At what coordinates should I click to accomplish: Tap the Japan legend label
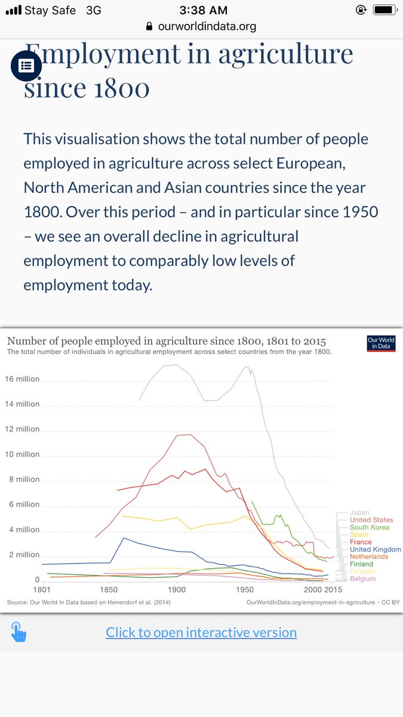coord(359,513)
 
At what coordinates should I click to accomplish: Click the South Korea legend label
coord(369,528)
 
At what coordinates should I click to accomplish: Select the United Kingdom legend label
coord(375,549)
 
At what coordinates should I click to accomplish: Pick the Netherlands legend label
coord(369,557)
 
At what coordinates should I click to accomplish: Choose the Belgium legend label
coord(363,578)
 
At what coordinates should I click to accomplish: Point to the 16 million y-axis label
coord(23,379)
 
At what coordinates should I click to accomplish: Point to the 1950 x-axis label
coord(245,589)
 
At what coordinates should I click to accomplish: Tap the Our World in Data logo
coord(382,344)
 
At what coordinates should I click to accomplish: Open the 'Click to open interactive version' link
coord(201,632)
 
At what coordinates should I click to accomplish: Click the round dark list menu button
coord(26,66)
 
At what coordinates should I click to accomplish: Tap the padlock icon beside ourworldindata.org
coord(149,27)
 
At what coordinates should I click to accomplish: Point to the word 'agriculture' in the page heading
coord(285,54)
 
